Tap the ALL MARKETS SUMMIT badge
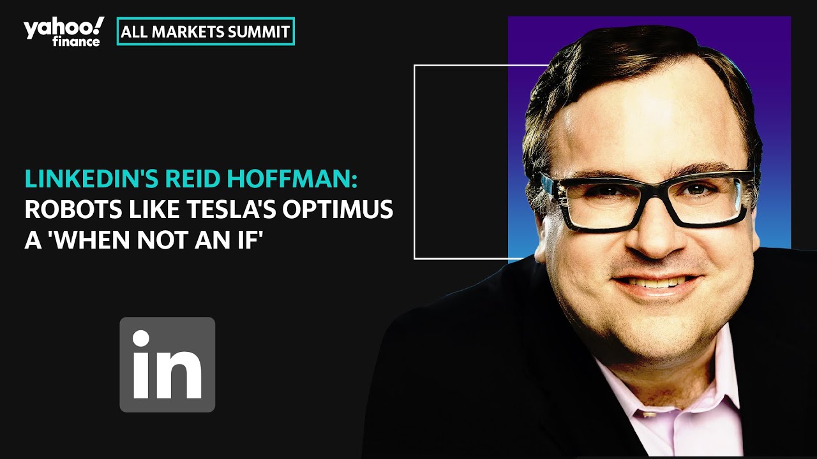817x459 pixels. [x=206, y=32]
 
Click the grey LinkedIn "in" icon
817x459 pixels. [x=167, y=365]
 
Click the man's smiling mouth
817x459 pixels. [x=654, y=282]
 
